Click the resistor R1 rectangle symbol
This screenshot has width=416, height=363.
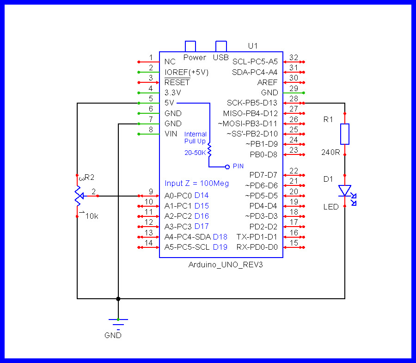[345, 134]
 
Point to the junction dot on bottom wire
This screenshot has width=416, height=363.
[118, 299]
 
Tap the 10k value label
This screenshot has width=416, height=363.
[92, 216]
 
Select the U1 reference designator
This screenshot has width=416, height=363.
[253, 46]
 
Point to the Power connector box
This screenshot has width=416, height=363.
[190, 46]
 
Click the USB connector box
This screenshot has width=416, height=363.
[221, 46]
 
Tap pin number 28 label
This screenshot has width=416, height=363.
[294, 98]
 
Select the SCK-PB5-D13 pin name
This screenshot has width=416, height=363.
[252, 103]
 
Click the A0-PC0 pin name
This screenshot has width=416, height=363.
[178, 196]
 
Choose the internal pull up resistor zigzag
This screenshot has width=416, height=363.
[209, 149]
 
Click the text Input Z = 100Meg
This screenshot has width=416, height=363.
[196, 184]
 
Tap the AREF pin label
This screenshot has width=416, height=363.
[268, 82]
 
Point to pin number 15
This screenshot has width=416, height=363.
[294, 243]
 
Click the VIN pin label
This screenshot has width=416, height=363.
[171, 134]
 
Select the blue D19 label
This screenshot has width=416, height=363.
[220, 247]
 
